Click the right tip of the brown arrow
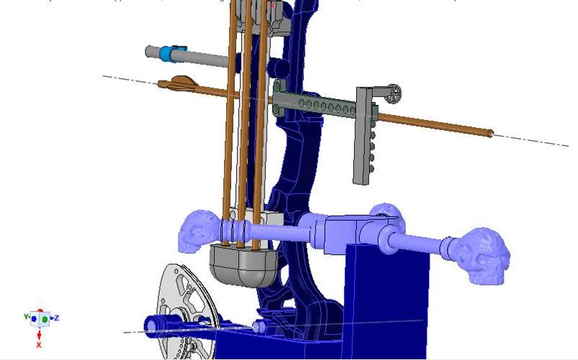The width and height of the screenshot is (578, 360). (x=491, y=132)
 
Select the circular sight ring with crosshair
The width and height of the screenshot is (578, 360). (x=394, y=93)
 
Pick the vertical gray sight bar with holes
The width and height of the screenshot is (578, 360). (x=364, y=137)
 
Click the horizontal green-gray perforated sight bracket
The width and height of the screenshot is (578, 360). (x=318, y=104)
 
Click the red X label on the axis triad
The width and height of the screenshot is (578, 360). (x=39, y=345)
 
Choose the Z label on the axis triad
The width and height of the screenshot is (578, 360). (x=56, y=317)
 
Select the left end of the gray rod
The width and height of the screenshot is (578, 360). (x=149, y=51)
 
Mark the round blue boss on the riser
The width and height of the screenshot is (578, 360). (x=275, y=68)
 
